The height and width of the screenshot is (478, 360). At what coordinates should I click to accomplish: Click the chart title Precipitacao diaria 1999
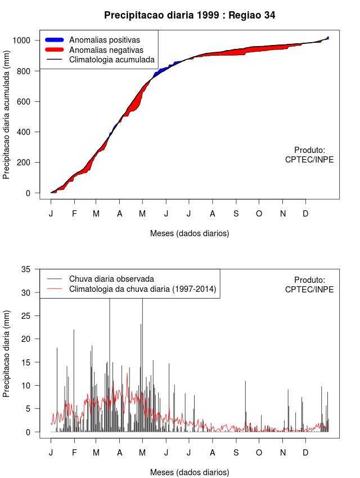point(190,15)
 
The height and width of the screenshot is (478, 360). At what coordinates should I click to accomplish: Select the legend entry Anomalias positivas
point(104,40)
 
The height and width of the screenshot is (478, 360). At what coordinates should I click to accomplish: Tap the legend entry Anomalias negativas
point(106,50)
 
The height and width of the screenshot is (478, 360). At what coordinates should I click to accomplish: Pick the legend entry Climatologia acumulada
point(111,60)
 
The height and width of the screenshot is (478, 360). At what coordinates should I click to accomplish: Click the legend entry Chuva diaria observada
point(111,279)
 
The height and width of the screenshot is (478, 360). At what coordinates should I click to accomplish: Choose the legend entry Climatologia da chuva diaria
point(142,289)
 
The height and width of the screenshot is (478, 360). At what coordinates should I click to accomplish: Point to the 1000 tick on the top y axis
point(26,40)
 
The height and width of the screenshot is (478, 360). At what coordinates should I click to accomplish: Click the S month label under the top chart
point(236,214)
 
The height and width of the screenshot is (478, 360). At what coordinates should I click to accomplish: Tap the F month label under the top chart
point(74,214)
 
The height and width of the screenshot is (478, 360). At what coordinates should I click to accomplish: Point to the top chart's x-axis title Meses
point(190,233)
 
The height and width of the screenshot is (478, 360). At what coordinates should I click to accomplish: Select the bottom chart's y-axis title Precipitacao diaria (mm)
point(7,353)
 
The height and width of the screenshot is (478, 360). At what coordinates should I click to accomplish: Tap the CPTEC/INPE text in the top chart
point(309,160)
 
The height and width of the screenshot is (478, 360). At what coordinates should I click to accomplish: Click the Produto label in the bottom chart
point(309,279)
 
